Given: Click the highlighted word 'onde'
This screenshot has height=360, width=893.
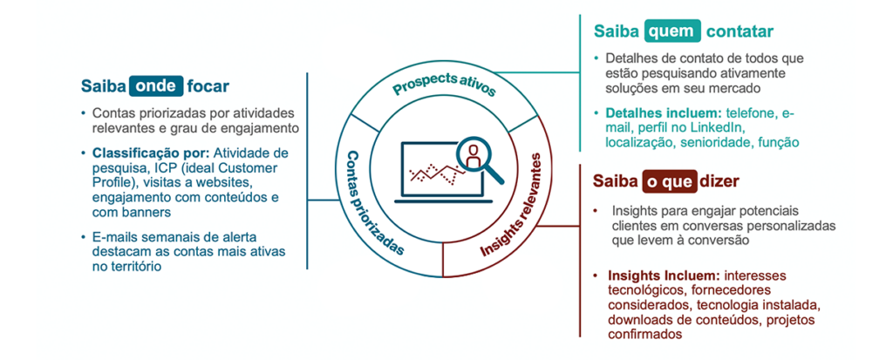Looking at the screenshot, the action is pos(157,86).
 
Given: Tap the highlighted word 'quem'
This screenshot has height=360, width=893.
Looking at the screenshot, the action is pos(672,31).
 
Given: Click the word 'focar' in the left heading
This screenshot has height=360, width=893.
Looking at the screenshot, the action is pos(209,86).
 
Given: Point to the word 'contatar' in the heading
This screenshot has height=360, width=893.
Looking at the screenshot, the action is pos(740,31).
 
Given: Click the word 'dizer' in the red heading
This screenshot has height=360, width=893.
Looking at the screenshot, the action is pos(721,181).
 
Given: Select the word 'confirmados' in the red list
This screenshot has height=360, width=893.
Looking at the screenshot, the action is pos(644,335).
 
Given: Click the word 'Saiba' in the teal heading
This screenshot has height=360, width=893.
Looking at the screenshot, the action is pos(617,31).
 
